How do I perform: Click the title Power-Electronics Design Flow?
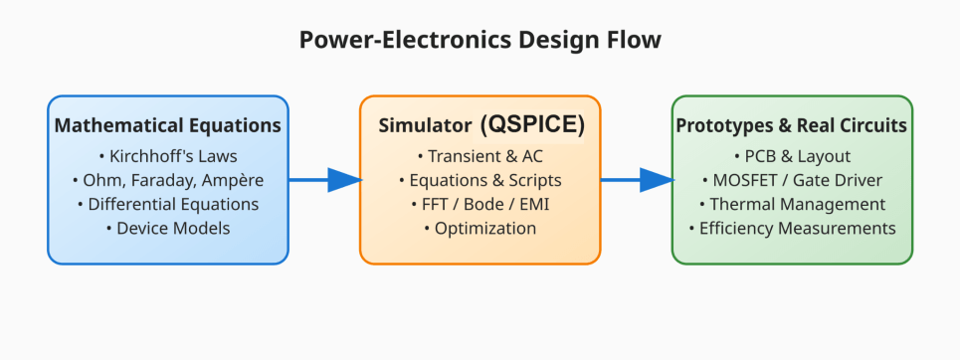480,41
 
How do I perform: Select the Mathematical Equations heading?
168,126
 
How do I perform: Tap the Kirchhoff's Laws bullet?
168,157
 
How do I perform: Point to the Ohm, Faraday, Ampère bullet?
168,181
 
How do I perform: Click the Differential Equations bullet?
168,205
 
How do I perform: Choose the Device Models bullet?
168,229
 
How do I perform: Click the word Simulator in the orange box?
425,126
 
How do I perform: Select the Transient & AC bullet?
480,157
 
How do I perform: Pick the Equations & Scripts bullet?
480,181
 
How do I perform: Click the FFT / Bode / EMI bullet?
480,205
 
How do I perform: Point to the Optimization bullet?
480,229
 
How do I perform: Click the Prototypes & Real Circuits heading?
792,126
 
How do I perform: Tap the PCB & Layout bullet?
792,157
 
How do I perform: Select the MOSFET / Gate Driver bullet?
792,181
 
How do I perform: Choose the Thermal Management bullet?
792,205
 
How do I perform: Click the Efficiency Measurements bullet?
792,229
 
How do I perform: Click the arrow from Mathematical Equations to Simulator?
325,180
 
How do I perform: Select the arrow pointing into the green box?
638,180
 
